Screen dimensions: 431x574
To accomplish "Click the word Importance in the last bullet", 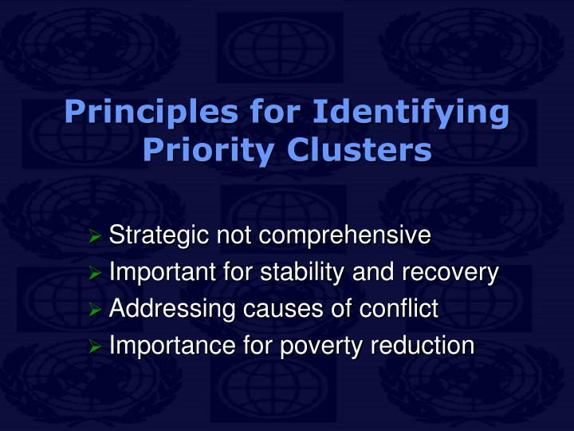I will tap(165, 346).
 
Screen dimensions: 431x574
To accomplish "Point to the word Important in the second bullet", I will tap(159, 273).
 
